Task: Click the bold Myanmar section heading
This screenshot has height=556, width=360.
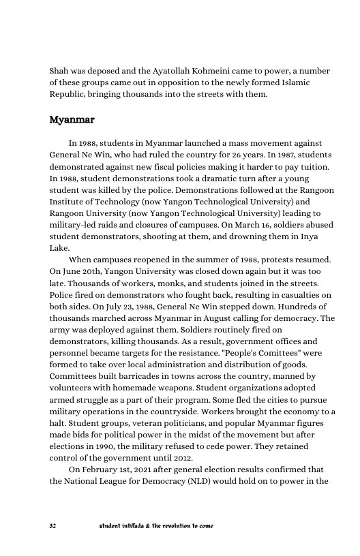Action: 72,120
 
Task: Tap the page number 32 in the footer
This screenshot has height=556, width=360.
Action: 53,526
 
